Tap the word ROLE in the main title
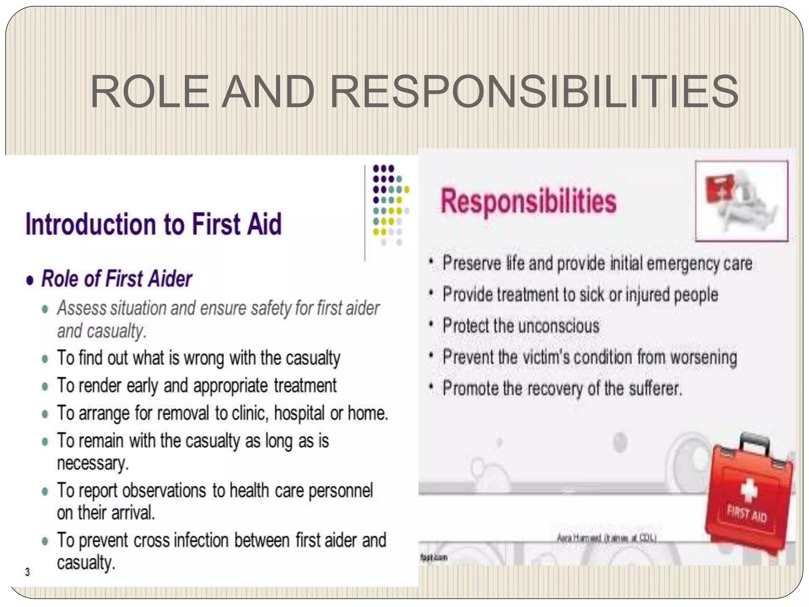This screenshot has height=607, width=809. coord(149,92)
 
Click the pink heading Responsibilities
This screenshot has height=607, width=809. coord(528,201)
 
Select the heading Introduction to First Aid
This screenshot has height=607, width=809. coord(154,224)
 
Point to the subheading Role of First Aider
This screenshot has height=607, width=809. coord(117,279)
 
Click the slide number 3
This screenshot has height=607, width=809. coord(27,571)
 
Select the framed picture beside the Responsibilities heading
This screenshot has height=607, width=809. coord(741,201)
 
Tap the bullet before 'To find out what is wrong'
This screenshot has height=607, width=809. coord(45,359)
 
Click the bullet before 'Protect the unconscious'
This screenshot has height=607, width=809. coord(431,326)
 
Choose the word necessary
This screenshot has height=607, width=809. coord(92,463)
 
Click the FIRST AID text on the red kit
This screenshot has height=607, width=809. coord(747,515)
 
